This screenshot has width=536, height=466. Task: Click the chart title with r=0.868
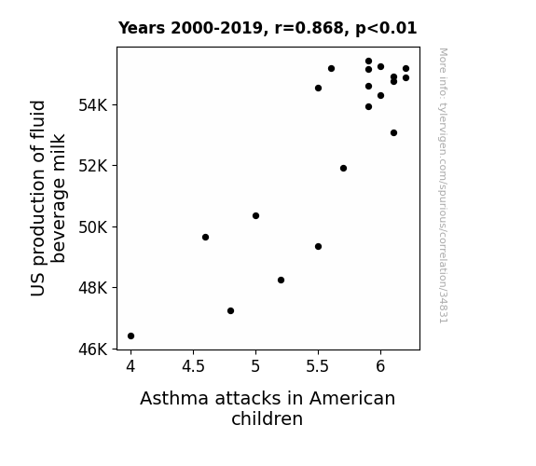[268, 28]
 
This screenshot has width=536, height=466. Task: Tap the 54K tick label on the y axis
[93, 105]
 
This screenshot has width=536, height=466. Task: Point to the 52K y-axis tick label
[93, 166]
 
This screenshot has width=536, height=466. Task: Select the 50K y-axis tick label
[93, 227]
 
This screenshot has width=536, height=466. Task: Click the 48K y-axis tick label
[93, 288]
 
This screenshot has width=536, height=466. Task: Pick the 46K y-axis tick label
[93, 349]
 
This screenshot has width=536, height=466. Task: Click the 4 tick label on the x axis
[131, 366]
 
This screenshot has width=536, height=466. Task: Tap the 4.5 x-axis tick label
[193, 366]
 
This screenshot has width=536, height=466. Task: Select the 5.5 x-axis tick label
[318, 366]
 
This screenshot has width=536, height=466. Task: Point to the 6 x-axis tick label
[380, 366]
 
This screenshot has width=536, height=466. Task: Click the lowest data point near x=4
[131, 336]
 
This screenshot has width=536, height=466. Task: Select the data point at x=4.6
[205, 238]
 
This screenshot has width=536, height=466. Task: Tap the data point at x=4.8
[231, 310]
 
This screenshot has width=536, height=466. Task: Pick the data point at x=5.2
[281, 280]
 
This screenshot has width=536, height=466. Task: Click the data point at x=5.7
[344, 168]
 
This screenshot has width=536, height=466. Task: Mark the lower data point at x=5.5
[318, 246]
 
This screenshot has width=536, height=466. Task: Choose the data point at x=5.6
[331, 69]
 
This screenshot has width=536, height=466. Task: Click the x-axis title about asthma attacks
[268, 408]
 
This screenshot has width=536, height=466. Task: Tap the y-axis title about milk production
[48, 199]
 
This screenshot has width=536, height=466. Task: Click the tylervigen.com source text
[444, 185]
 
